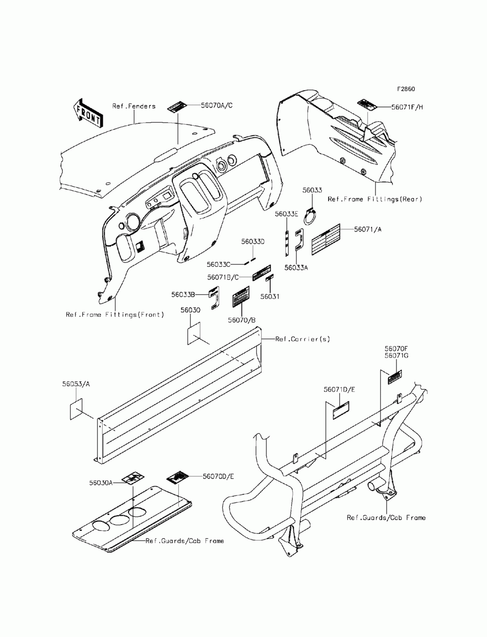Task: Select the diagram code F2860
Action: click(405, 90)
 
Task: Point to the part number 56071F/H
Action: click(407, 107)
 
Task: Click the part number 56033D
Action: click(253, 241)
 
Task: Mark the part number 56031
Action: click(270, 296)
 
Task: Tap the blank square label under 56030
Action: click(193, 333)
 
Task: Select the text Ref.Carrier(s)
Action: click(302, 339)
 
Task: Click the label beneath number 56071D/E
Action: click(341, 411)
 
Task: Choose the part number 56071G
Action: click(396, 356)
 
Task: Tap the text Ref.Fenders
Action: click(134, 106)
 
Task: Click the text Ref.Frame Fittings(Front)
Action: click(115, 314)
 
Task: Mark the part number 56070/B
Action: click(242, 320)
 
